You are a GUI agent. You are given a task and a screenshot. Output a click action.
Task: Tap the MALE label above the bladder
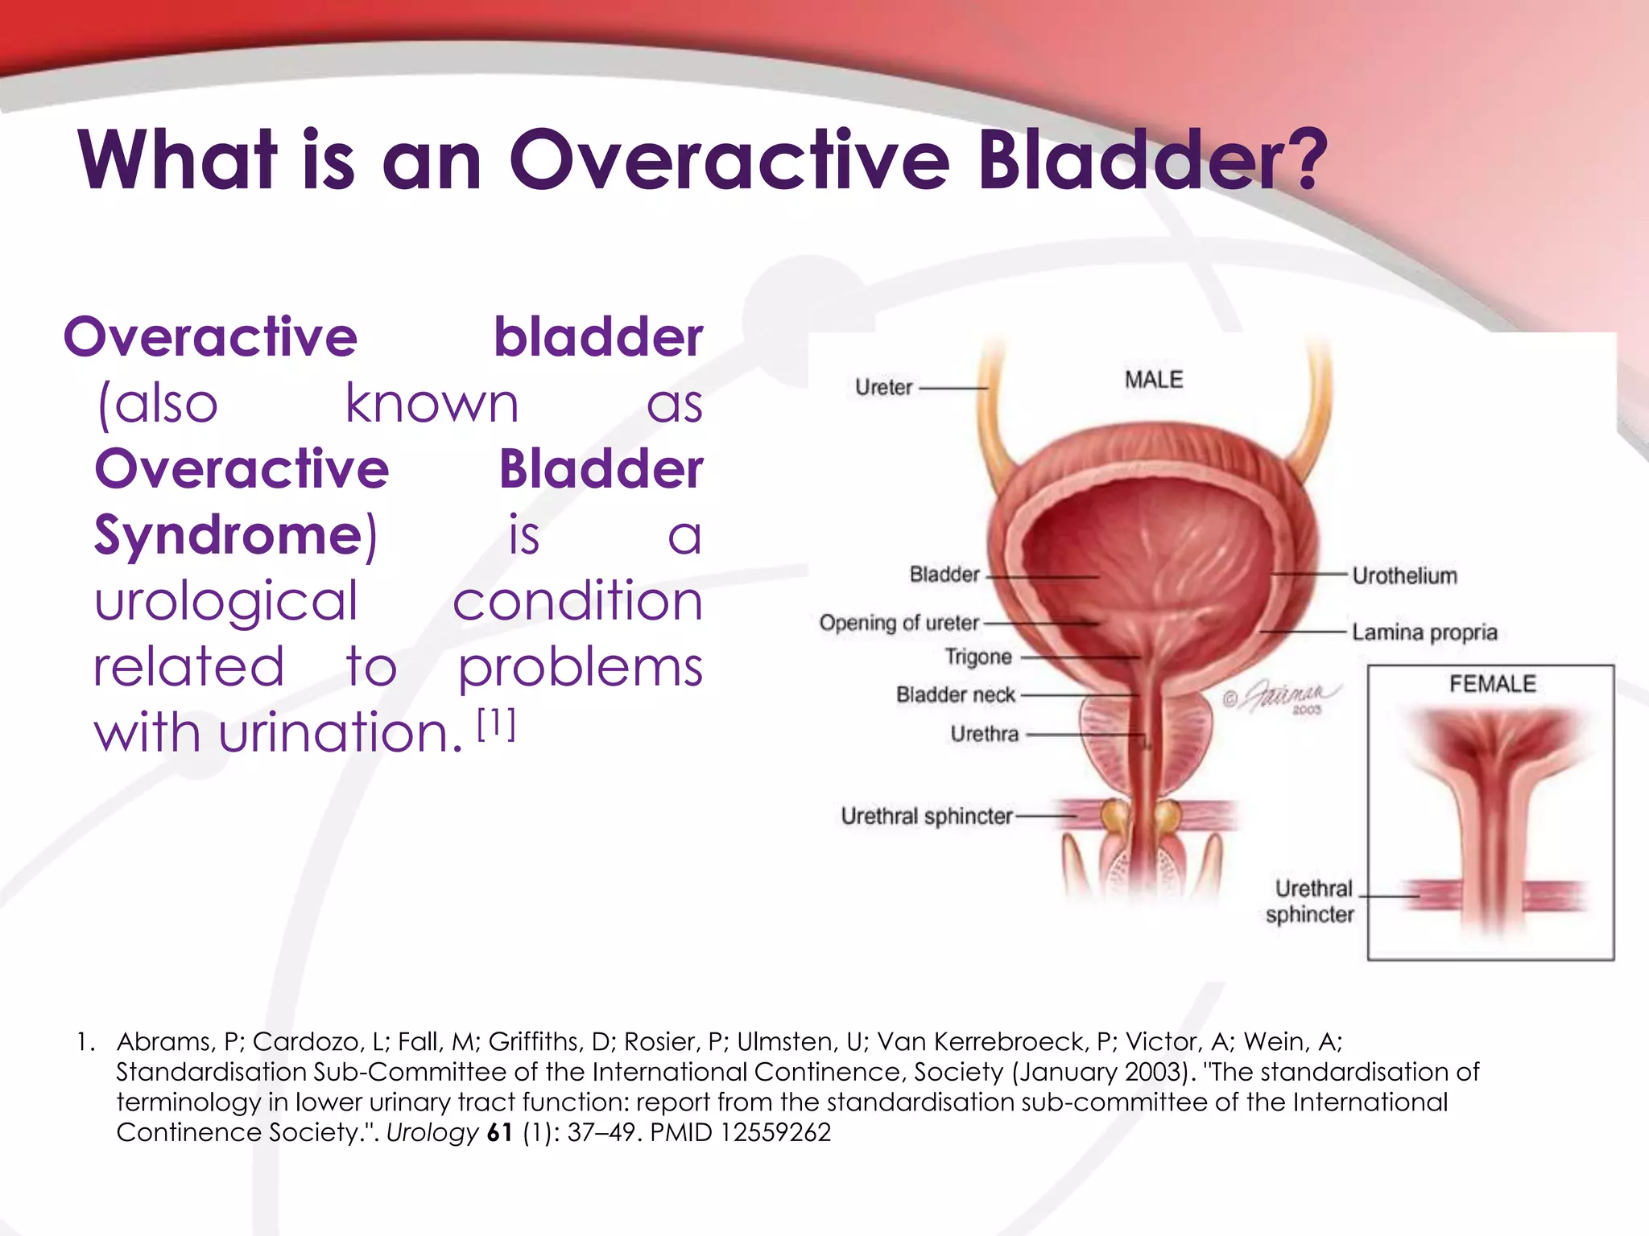[x=1153, y=380]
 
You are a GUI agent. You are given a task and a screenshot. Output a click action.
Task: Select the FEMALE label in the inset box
[x=1492, y=684]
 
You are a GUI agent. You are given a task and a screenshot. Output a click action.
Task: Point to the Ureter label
[x=883, y=388]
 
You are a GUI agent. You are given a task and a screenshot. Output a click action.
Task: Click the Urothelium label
[x=1404, y=576]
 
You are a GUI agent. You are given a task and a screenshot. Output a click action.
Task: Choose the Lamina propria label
[x=1424, y=632]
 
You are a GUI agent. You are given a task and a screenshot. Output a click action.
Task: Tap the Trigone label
[x=977, y=657]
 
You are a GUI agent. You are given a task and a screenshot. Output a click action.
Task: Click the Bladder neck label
[x=955, y=695]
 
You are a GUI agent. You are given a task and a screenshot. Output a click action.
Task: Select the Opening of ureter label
[x=899, y=624]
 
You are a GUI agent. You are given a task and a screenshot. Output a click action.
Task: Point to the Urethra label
[x=984, y=735]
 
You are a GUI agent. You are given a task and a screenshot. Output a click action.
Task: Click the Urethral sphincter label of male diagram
[x=926, y=817]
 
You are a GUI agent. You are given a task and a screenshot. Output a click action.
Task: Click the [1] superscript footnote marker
[x=496, y=724]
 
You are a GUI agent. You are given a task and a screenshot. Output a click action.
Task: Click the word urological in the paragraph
[x=225, y=602]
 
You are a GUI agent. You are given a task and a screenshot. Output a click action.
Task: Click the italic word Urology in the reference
[x=432, y=1133]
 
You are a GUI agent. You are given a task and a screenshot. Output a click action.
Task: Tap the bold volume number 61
[x=500, y=1133]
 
